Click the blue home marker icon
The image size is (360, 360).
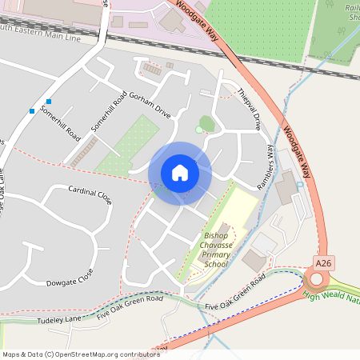(x=180, y=173)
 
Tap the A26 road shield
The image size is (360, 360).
(x=324, y=262)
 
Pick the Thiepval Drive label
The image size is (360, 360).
(x=249, y=110)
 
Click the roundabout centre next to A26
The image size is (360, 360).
(x=318, y=278)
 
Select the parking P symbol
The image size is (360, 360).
(x=299, y=185)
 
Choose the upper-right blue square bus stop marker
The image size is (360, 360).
(x=49, y=102)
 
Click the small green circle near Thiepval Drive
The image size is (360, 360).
(x=199, y=129)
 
